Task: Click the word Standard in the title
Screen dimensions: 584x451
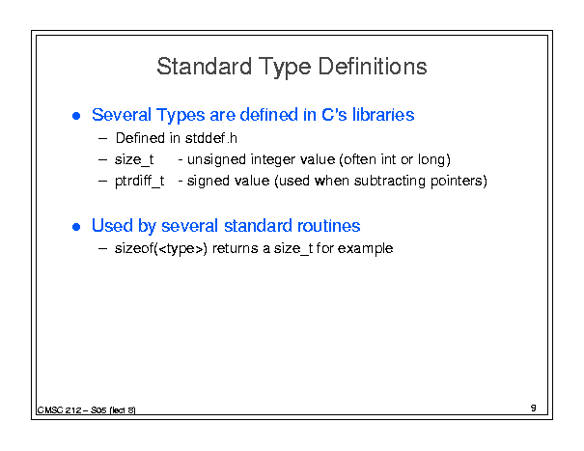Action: pyautogui.click(x=204, y=67)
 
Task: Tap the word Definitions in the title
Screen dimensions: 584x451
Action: pyautogui.click(x=372, y=67)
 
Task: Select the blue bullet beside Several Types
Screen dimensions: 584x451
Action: pyautogui.click(x=76, y=116)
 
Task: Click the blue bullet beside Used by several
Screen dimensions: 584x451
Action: pyautogui.click(x=76, y=227)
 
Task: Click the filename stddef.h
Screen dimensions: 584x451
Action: pyautogui.click(x=210, y=138)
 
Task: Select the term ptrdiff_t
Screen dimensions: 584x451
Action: pyautogui.click(x=139, y=182)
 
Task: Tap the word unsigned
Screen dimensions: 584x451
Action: pyautogui.click(x=216, y=160)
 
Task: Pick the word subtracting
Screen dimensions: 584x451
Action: pyautogui.click(x=390, y=182)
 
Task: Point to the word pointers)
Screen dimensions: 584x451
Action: pyautogui.click(x=459, y=182)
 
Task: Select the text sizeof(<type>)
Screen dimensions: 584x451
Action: pyautogui.click(x=161, y=248)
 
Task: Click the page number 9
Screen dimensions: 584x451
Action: pyautogui.click(x=534, y=408)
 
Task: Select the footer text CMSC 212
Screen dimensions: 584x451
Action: pyautogui.click(x=59, y=410)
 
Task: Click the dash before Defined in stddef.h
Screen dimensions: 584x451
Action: pyautogui.click(x=102, y=139)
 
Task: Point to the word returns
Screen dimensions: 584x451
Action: pyautogui.click(x=235, y=248)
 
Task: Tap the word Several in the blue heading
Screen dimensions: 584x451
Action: pyautogui.click(x=122, y=115)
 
